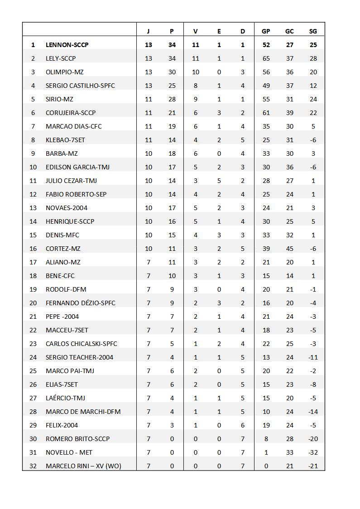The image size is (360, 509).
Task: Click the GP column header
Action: coord(266,31)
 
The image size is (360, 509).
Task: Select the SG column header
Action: coord(313,31)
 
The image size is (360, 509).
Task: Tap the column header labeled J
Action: coord(148,31)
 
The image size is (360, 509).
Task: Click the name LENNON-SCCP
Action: coord(67,45)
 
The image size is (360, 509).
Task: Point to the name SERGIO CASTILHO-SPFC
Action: coord(80,86)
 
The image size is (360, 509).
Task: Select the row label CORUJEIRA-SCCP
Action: coord(71,113)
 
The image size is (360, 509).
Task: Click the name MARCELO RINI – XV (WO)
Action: coord(83,466)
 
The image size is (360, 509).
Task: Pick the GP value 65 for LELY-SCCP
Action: coord(266,58)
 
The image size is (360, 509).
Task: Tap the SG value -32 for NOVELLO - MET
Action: coord(313,452)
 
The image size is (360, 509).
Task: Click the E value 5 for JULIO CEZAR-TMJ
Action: coord(219,181)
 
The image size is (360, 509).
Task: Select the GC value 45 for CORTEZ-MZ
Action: coord(289,249)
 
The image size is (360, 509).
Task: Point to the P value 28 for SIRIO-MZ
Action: coord(172,99)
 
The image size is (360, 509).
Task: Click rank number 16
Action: coord(33,249)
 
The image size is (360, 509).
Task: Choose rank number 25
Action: coord(33,371)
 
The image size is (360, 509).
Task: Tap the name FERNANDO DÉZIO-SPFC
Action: coord(80,303)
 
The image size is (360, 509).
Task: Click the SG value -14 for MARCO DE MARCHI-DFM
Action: coord(313,412)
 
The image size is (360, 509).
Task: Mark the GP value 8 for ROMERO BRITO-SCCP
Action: coord(266,439)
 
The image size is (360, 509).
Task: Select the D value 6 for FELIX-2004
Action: coord(243,425)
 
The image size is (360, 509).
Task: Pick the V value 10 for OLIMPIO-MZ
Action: coord(196,72)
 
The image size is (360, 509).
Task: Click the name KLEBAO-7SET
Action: coord(65,140)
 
